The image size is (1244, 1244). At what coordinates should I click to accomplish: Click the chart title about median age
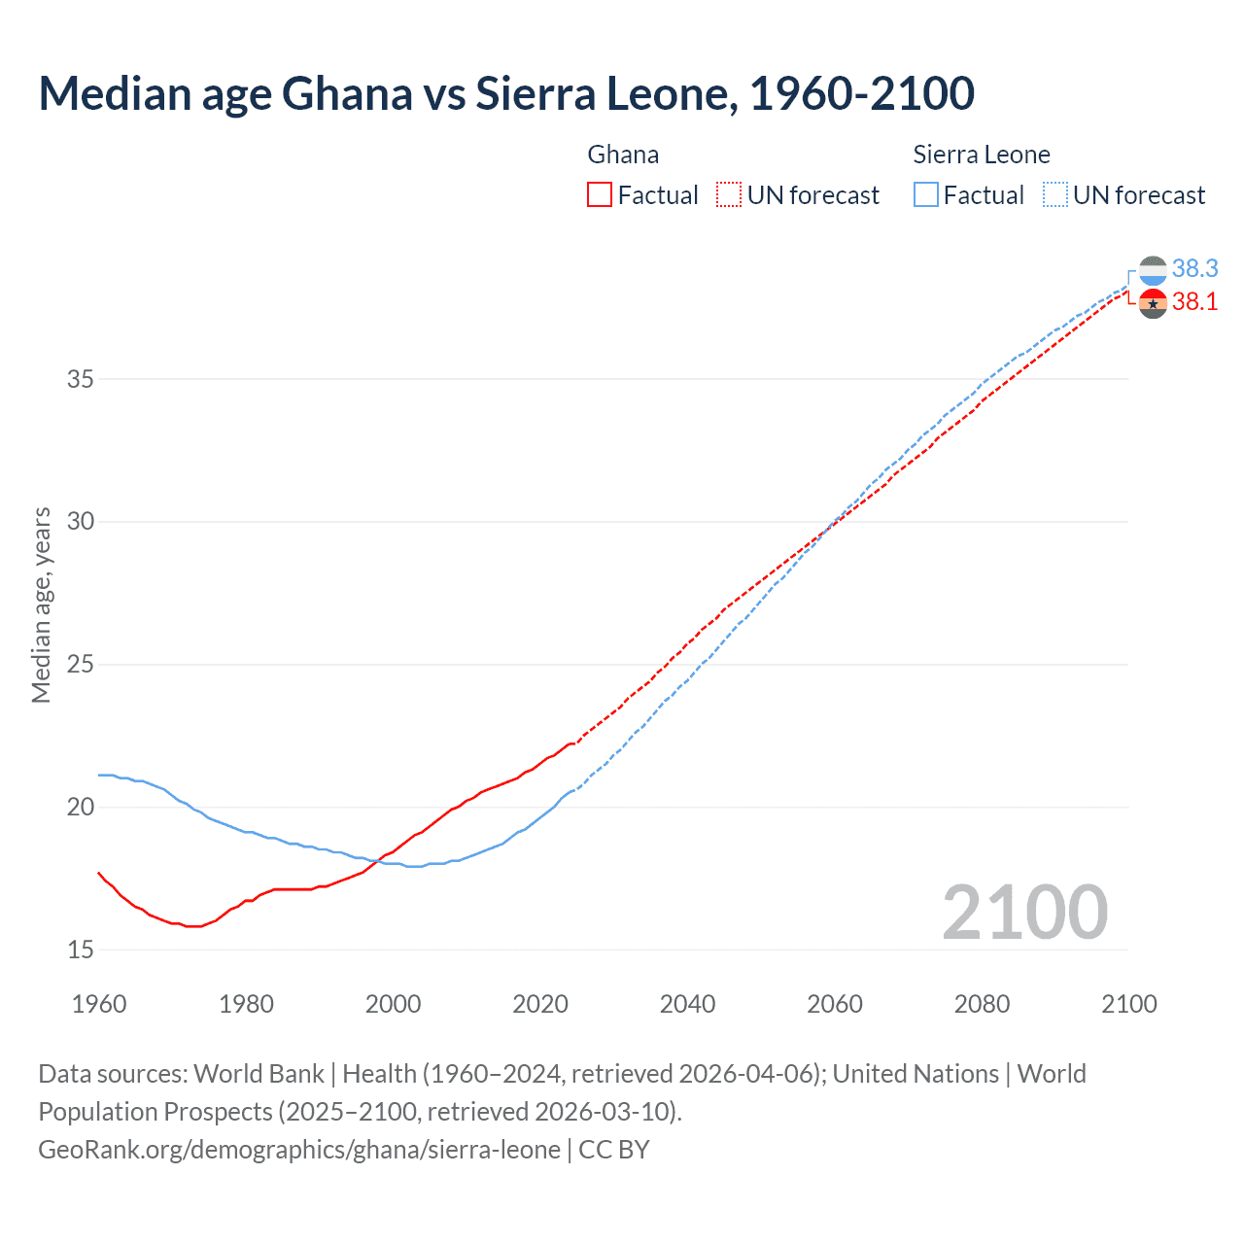click(505, 94)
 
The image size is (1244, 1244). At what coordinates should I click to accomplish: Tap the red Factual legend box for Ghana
click(600, 195)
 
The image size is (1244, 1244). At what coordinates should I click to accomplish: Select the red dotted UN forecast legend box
click(729, 195)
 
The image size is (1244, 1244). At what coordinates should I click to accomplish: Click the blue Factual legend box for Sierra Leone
click(926, 195)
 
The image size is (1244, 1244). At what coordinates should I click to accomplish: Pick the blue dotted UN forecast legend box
click(1055, 195)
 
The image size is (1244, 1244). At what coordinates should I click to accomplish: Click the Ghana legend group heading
click(623, 155)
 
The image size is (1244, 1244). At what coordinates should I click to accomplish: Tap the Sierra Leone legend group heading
click(982, 155)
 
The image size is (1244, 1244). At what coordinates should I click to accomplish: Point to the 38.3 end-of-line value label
click(1194, 268)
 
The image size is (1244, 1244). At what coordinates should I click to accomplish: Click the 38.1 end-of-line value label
click(1194, 302)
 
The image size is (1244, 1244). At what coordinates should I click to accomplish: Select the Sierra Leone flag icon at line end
click(1153, 270)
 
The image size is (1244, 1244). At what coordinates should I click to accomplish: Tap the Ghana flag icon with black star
click(1153, 303)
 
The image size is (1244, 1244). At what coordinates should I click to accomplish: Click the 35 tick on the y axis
click(81, 379)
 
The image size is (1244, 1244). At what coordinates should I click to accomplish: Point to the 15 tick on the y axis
click(81, 950)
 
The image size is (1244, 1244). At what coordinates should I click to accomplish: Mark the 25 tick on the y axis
click(81, 665)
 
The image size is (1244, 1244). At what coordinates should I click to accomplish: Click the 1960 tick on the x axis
click(99, 1004)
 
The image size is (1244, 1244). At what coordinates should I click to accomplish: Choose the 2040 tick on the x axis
click(687, 1004)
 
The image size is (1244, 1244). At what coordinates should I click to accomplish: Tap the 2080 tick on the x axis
click(982, 1004)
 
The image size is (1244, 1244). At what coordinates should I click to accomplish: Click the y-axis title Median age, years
click(41, 605)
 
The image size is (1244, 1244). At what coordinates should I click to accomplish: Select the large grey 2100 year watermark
click(1024, 913)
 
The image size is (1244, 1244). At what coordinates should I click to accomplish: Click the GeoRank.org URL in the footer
click(299, 1150)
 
